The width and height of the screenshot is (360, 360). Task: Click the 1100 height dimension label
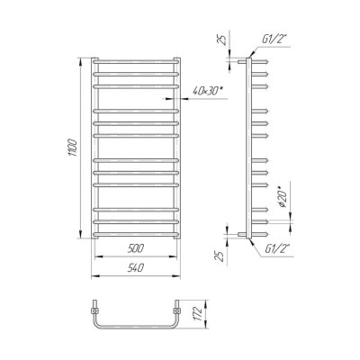[74, 148]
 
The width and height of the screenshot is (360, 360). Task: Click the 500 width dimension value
[136, 248]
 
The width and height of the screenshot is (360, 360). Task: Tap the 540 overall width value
[136, 268]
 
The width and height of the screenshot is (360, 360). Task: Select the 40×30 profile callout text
[210, 92]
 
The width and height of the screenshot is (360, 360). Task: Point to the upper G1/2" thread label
[275, 40]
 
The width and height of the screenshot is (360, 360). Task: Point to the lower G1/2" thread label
[277, 248]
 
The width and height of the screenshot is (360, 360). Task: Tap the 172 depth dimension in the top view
[197, 313]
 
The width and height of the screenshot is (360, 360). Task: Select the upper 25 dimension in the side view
[222, 40]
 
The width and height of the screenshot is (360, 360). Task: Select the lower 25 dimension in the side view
[220, 256]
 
